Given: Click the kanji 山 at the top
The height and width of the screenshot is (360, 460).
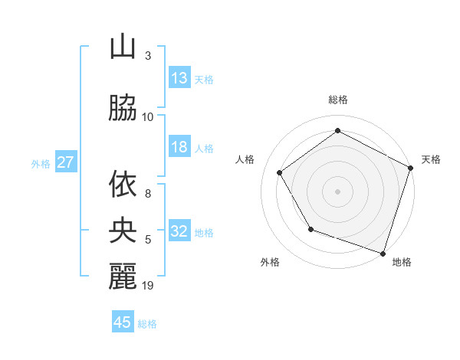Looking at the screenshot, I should click(x=123, y=47).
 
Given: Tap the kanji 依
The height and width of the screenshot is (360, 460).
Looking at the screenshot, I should click(x=123, y=185).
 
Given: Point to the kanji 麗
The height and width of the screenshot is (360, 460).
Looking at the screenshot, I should click(x=123, y=276).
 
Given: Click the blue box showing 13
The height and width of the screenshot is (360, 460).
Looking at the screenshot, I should click(x=179, y=78).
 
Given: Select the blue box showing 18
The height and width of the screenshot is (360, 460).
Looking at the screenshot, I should click(x=179, y=147).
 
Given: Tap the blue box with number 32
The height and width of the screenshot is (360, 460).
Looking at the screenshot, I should click(x=179, y=231).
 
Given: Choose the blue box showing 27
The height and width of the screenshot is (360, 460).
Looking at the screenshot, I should click(x=65, y=162).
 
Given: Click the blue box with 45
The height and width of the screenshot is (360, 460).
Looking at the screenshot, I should click(x=123, y=322).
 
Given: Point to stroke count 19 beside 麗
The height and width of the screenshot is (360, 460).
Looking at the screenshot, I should click(x=148, y=286).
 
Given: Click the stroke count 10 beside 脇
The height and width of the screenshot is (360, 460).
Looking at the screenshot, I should click(x=148, y=116).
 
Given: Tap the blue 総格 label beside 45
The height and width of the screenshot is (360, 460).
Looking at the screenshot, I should click(x=147, y=324).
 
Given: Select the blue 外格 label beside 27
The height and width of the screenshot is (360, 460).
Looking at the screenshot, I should click(x=41, y=163).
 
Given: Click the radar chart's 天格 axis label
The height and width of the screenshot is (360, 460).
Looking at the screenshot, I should click(x=431, y=159).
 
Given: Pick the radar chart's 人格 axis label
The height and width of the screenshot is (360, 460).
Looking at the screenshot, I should click(x=245, y=159).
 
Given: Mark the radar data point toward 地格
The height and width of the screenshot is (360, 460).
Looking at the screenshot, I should click(x=383, y=252).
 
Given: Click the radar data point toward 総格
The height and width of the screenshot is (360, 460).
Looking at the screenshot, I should click(x=337, y=131).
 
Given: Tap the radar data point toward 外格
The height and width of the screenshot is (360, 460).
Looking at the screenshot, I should click(x=310, y=228).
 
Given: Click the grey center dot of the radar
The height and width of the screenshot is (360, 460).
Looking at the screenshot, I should click(x=337, y=191).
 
